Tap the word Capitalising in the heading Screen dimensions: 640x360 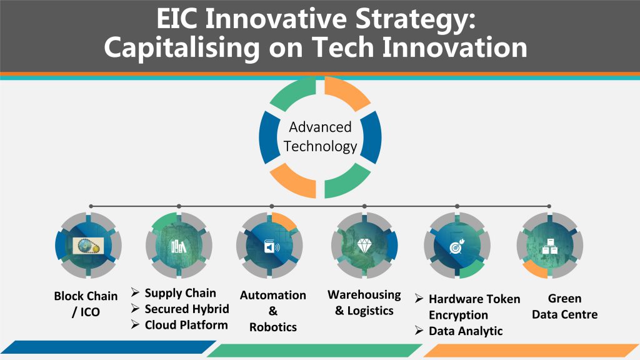click(x=182, y=47)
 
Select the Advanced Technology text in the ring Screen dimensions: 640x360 click(x=321, y=137)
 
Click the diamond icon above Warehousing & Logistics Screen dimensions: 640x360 click(x=364, y=245)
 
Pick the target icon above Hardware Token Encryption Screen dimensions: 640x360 click(x=457, y=246)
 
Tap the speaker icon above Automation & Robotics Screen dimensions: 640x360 click(x=272, y=246)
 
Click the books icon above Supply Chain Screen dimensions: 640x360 click(x=178, y=246)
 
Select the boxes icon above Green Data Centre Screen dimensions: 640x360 click(x=549, y=246)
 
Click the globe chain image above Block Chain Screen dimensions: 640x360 click(x=88, y=246)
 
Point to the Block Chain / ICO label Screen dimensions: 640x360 click(x=86, y=304)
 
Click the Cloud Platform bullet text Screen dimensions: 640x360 click(x=186, y=325)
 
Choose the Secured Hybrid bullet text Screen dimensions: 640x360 click(x=187, y=309)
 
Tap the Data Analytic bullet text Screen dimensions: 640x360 click(x=466, y=331)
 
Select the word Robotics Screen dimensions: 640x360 click(x=273, y=327)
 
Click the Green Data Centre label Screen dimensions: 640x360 click(x=564, y=306)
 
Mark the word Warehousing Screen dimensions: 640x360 click(x=364, y=295)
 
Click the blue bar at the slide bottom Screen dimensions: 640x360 click(x=108, y=347)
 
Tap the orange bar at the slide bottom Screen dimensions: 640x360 click(x=531, y=350)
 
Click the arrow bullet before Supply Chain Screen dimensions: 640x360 click(x=135, y=292)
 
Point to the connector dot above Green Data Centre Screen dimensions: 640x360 click(x=549, y=206)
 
